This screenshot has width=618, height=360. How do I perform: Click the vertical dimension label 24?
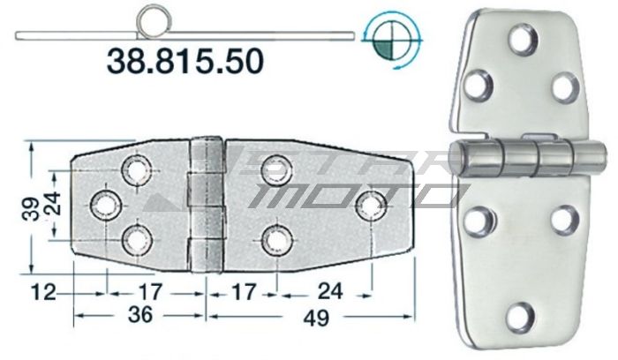54,205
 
